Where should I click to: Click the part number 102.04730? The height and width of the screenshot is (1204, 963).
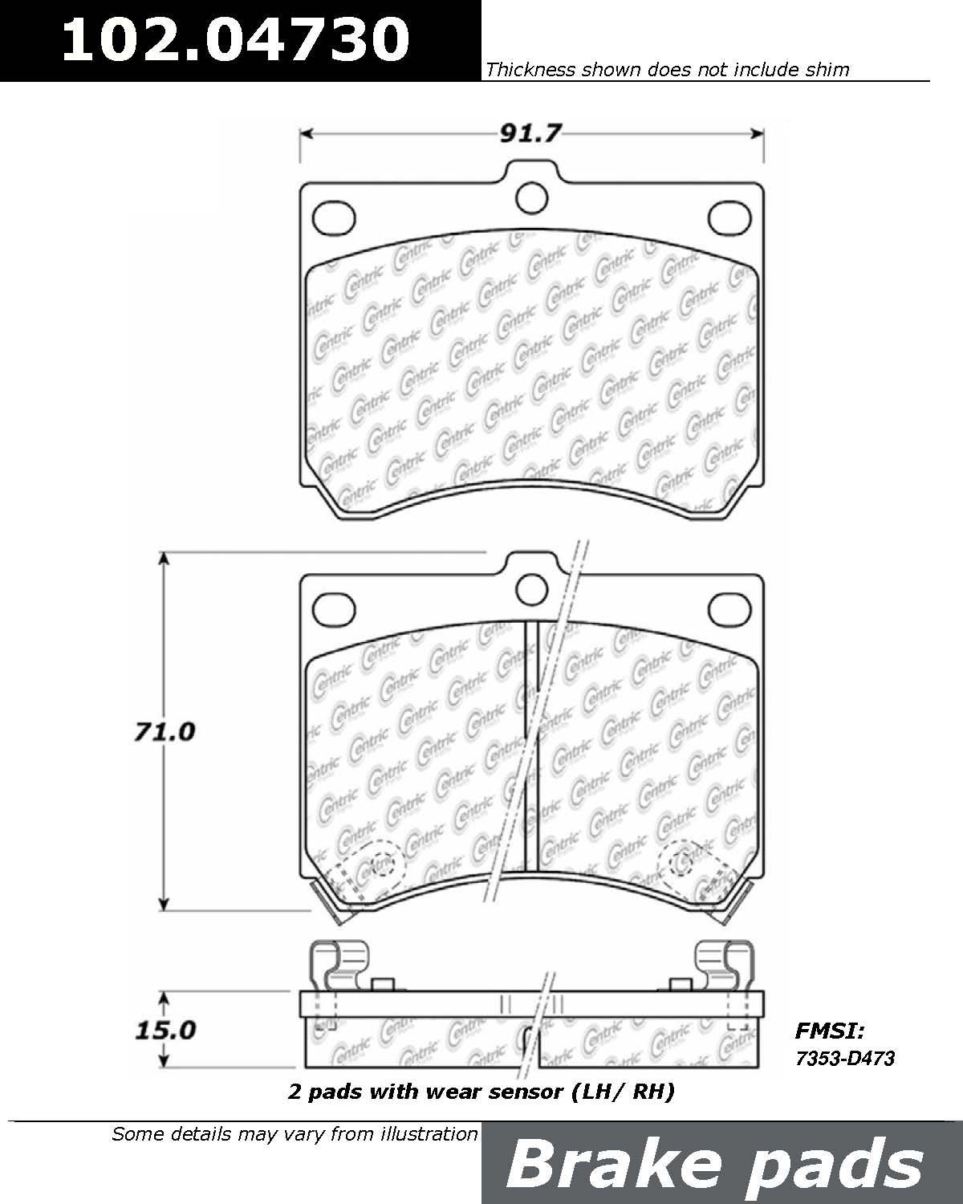click(236, 39)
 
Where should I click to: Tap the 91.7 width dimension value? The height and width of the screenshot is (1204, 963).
click(530, 133)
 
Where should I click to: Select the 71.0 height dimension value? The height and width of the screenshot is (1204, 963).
click(165, 732)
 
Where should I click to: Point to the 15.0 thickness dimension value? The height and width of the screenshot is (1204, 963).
click(165, 1030)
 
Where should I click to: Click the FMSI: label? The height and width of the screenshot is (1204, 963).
click(830, 1031)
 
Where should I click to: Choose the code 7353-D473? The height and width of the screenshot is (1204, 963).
click(845, 1058)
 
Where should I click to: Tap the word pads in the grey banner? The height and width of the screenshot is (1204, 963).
click(835, 1168)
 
